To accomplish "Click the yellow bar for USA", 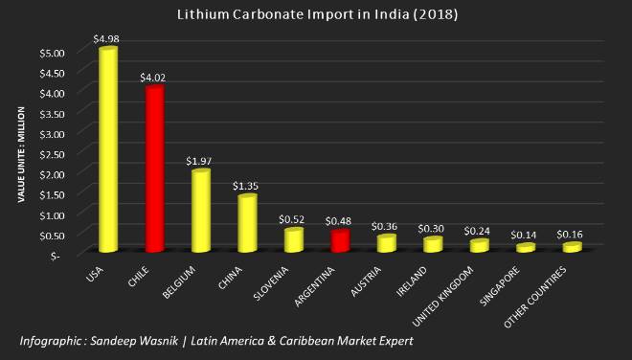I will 108,148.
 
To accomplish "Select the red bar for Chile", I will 154,168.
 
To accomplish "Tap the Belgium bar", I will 200,210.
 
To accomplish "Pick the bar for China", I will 246,222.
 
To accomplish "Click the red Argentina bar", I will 339,239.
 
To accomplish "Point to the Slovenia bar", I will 293,238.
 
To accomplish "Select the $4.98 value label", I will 106,38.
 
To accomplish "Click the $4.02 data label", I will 152,77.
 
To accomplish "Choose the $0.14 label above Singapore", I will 523,235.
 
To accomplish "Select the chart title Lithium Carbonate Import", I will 316,14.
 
